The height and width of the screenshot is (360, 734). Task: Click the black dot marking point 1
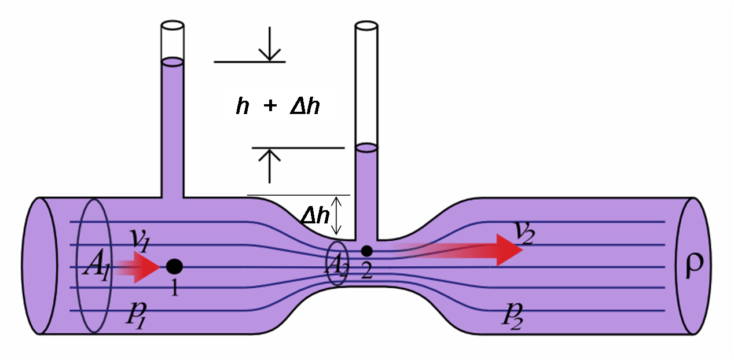coord(174,266)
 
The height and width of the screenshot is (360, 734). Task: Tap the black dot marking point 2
coord(366,251)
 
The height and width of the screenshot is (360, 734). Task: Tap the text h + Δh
coord(278,106)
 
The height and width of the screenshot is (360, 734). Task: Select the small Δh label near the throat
coord(315,216)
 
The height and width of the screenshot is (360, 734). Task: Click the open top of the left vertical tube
coord(172,27)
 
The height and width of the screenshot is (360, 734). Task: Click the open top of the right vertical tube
coord(366,25)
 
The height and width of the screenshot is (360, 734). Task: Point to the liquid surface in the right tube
coord(366,148)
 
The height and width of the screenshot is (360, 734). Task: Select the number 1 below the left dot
coord(174,287)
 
